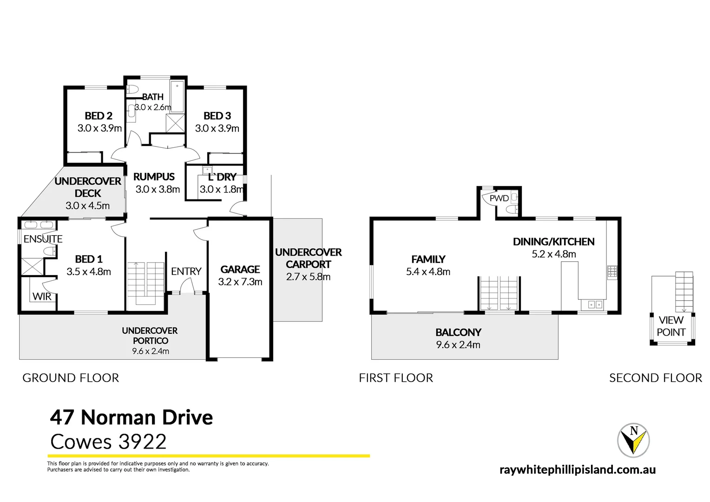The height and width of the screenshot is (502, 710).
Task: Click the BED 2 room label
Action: [99, 116]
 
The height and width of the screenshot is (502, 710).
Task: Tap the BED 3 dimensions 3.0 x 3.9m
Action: [217, 128]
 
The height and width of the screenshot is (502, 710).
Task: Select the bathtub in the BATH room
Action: [177, 97]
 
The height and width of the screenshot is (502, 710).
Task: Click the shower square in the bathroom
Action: [175, 123]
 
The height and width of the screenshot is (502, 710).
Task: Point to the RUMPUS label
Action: [154, 177]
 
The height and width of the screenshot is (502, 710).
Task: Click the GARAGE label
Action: [240, 270]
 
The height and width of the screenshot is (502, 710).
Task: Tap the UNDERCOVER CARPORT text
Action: [308, 258]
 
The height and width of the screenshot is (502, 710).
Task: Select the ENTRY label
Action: [186, 271]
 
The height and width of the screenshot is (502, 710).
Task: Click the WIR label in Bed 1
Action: [42, 297]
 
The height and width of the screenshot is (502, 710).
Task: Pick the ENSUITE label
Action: [43, 239]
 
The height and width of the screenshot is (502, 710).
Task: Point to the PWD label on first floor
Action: [499, 198]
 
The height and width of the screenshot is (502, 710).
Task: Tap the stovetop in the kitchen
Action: [612, 272]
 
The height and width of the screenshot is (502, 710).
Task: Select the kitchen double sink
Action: [594, 305]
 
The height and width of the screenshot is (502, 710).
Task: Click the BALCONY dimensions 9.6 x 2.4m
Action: [458, 345]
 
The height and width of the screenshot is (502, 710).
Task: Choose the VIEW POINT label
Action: [671, 326]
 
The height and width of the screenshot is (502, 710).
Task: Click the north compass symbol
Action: [633, 440]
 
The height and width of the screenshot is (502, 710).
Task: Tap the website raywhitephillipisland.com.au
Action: [577, 469]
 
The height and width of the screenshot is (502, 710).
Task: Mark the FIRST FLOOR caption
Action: [395, 378]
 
